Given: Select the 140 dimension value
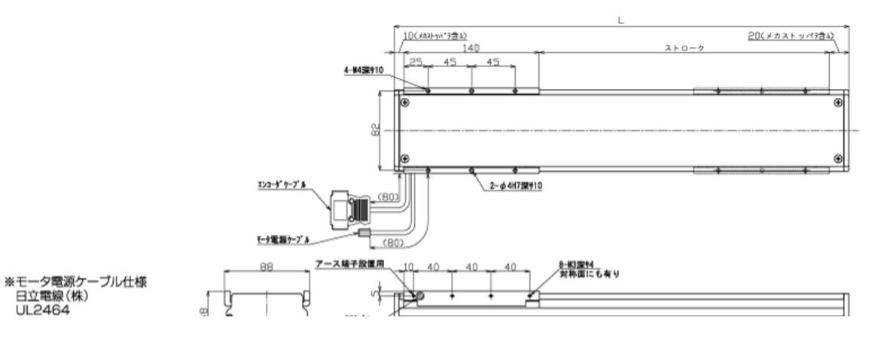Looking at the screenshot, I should click(x=471, y=47).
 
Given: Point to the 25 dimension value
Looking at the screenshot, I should click(x=416, y=63).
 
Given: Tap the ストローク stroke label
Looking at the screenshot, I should click(x=684, y=47).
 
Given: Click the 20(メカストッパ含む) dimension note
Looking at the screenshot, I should click(x=791, y=35).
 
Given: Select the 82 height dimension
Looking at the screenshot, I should click(x=375, y=130).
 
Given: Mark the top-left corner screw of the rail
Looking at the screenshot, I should click(x=405, y=102).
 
